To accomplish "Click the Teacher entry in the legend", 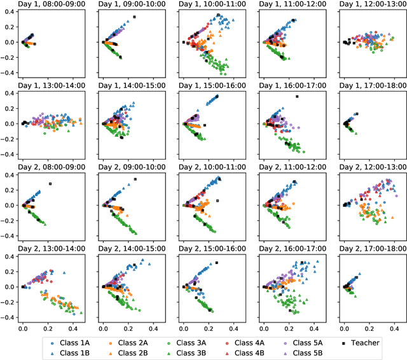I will click(364, 342).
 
